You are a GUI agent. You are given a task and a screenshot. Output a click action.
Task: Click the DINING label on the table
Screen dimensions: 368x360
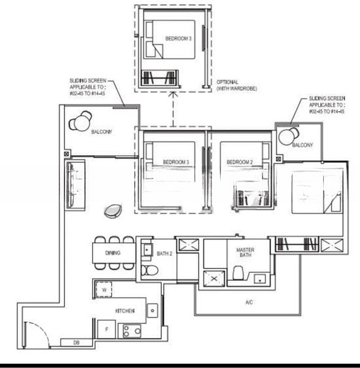point(113,253)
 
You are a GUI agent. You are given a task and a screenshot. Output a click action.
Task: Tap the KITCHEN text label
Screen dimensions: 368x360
point(124,312)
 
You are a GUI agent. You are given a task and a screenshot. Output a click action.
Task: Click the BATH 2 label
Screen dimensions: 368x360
point(164,253)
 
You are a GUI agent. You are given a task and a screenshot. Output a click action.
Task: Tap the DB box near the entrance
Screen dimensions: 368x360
point(77,342)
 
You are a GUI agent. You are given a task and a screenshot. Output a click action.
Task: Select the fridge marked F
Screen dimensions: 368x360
point(105,330)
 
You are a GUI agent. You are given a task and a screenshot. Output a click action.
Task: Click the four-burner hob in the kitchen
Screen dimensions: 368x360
point(131,331)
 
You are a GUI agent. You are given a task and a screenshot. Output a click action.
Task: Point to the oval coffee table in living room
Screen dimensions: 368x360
point(113,210)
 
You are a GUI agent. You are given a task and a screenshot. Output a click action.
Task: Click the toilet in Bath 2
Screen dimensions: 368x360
point(148,270)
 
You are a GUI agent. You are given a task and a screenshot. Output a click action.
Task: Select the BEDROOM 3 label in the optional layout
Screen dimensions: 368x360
point(178,39)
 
